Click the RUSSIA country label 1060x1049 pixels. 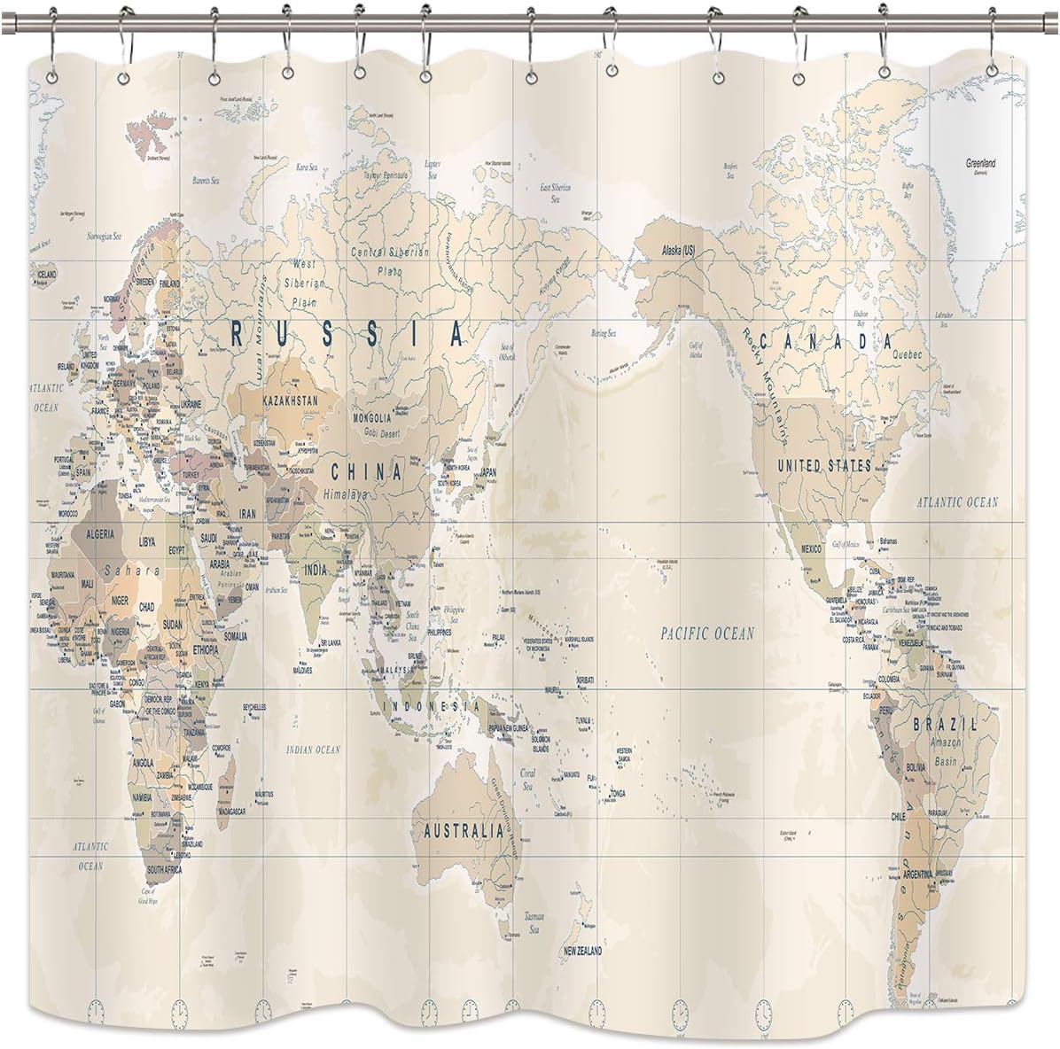pyautogui.click(x=347, y=333)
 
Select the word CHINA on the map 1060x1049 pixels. pyautogui.click(x=366, y=471)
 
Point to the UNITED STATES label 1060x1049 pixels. pyautogui.click(x=823, y=464)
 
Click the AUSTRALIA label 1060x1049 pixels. pyautogui.click(x=464, y=832)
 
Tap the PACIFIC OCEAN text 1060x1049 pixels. pyautogui.click(x=708, y=633)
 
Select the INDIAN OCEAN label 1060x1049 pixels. pyautogui.click(x=313, y=750)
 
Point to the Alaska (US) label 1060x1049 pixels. pyautogui.click(x=679, y=251)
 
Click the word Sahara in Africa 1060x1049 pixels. pyautogui.click(x=130, y=571)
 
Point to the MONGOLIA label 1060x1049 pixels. pyautogui.click(x=371, y=417)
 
